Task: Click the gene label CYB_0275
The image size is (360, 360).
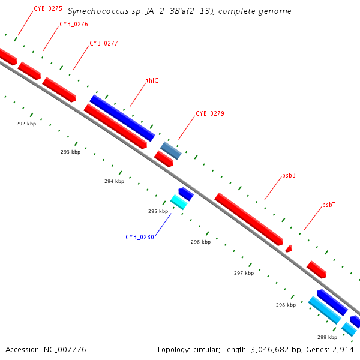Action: (x=48, y=8)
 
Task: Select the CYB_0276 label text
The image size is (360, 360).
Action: (x=74, y=24)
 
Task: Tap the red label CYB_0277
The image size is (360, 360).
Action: (x=103, y=43)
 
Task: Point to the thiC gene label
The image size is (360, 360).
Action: (x=152, y=80)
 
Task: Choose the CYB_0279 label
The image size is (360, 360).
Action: (x=210, y=113)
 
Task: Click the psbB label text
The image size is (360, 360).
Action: (x=289, y=176)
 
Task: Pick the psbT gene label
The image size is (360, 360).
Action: (x=328, y=205)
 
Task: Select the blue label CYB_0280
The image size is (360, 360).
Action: (x=140, y=237)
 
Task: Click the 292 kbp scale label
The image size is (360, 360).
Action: (x=26, y=124)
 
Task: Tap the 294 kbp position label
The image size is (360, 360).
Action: (x=114, y=181)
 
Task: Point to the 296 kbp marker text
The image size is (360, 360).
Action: (x=200, y=242)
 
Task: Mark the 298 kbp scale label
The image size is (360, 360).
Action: (x=286, y=305)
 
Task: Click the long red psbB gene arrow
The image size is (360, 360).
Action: (x=248, y=219)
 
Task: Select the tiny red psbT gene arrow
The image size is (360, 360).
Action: (x=289, y=248)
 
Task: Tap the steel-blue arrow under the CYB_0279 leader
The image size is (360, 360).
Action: (x=170, y=150)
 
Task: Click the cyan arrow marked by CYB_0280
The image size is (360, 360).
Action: (x=179, y=202)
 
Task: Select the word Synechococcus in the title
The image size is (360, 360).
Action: (x=94, y=11)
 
